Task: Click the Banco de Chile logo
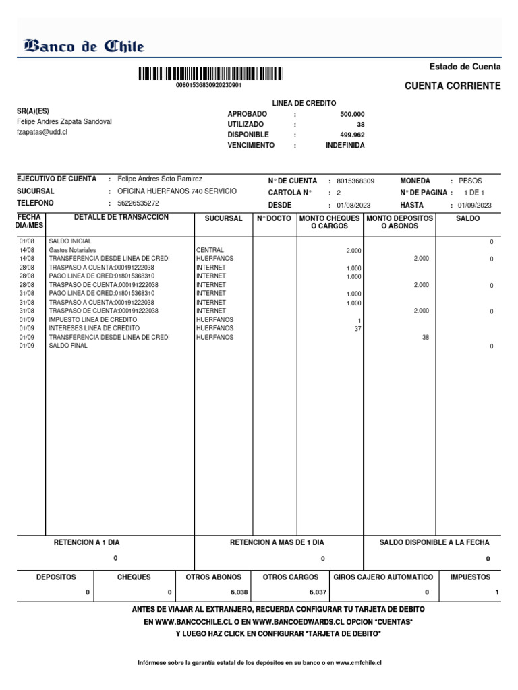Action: point(84,46)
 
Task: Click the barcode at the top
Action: point(210,73)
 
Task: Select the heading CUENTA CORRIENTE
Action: point(452,86)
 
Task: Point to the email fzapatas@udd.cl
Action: point(42,133)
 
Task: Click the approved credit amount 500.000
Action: point(352,114)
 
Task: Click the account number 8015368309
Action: point(355,181)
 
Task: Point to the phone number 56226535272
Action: point(138,203)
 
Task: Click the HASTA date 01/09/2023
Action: point(475,205)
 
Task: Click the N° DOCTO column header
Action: point(273,219)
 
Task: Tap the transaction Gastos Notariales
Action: point(73,250)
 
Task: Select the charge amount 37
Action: point(358,329)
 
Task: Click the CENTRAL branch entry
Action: point(210,250)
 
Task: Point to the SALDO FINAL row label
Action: point(68,346)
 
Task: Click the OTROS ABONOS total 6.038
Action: point(239,592)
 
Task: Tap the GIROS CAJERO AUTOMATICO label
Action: point(383,577)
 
